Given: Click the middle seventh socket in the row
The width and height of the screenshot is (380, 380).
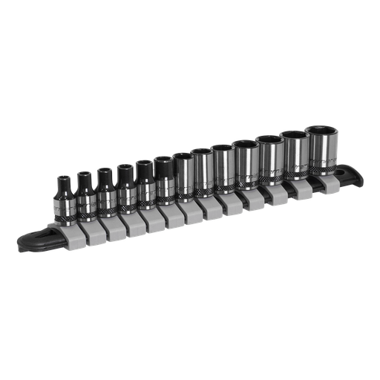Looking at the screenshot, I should [185, 177].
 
